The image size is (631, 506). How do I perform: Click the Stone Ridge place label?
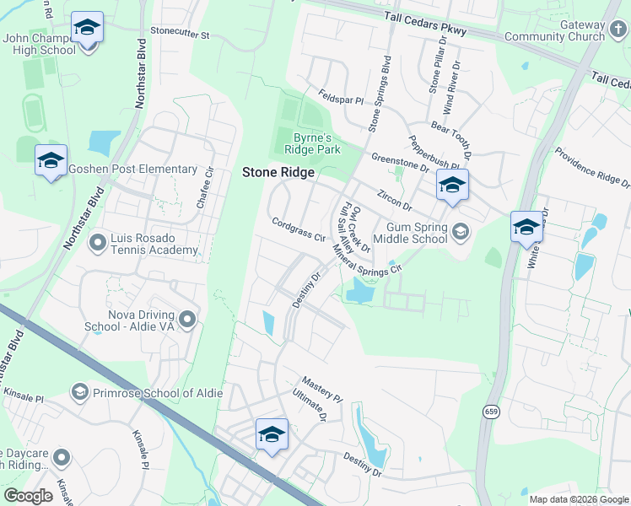point(278,172)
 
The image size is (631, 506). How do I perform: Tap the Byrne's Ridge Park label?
point(316,143)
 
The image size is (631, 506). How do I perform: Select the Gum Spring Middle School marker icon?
point(461,229)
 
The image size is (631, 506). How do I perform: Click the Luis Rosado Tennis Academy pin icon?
point(98,244)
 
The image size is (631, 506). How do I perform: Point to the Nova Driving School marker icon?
point(187,319)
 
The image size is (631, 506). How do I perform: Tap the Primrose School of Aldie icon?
point(80,391)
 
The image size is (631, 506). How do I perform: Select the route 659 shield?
point(490,412)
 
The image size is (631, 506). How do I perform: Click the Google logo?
point(28,496)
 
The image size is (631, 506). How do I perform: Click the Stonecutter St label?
point(179,37)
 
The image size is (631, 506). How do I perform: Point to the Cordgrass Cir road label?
point(299,230)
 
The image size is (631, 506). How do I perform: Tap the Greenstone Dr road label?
point(402,161)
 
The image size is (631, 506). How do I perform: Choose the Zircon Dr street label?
point(395,200)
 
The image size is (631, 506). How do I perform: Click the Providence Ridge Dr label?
point(591,166)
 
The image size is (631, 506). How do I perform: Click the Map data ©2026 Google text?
point(579,499)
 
